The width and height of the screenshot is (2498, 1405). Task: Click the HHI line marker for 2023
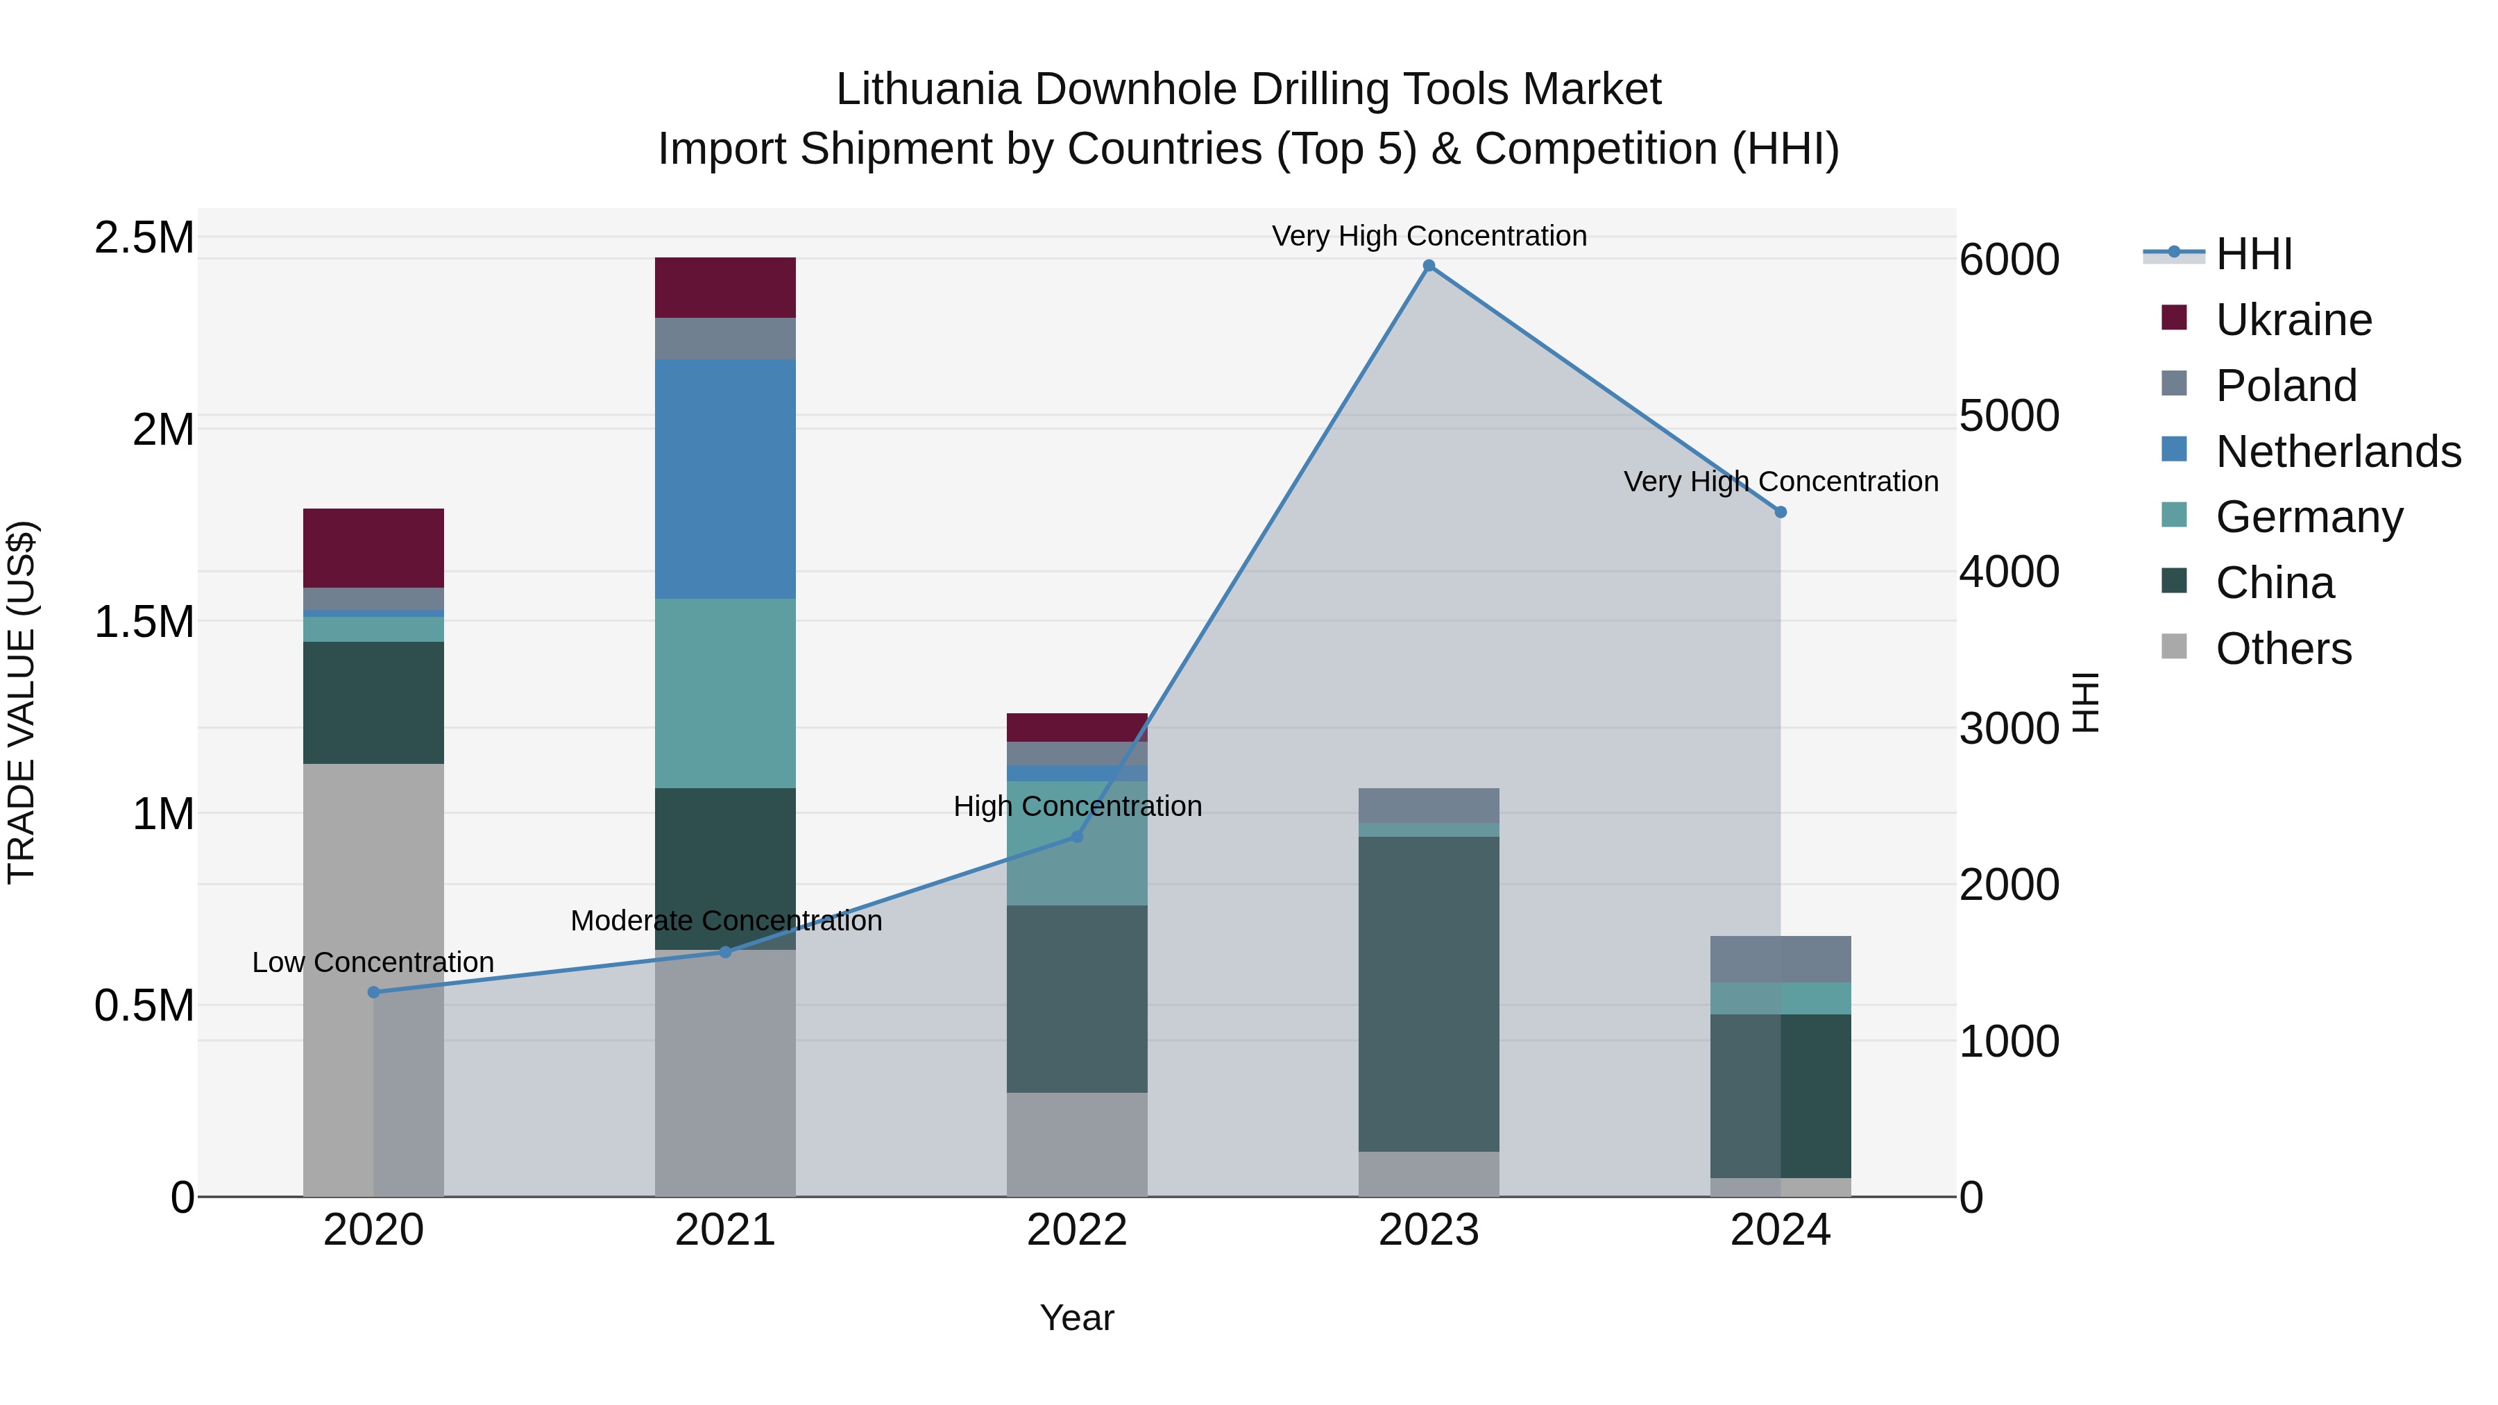pyautogui.click(x=1429, y=266)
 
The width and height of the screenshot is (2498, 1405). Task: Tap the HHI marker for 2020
pyautogui.click(x=373, y=992)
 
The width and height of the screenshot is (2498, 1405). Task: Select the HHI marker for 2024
pyautogui.click(x=1781, y=512)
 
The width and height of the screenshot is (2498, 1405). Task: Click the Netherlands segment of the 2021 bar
pyautogui.click(x=725, y=479)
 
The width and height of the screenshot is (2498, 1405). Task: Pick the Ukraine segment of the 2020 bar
pyautogui.click(x=373, y=548)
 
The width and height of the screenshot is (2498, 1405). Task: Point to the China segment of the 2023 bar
pyautogui.click(x=1429, y=994)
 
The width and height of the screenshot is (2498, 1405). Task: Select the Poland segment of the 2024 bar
pyautogui.click(x=1781, y=959)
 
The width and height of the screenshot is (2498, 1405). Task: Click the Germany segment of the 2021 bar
pyautogui.click(x=725, y=693)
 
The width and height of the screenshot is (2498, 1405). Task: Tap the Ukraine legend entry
pyautogui.click(x=2293, y=320)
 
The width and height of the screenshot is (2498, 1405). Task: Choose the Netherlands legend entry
pyautogui.click(x=2338, y=452)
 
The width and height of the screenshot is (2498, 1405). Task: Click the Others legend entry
pyautogui.click(x=2283, y=649)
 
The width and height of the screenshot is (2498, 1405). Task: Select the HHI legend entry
pyautogui.click(x=2254, y=254)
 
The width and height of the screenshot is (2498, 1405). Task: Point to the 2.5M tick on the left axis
pyautogui.click(x=144, y=237)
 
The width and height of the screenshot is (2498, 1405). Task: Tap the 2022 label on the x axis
pyautogui.click(x=1076, y=1230)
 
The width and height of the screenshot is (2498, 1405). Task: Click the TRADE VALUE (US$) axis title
pyautogui.click(x=22, y=702)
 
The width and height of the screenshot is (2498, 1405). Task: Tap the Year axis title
pyautogui.click(x=1076, y=1318)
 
